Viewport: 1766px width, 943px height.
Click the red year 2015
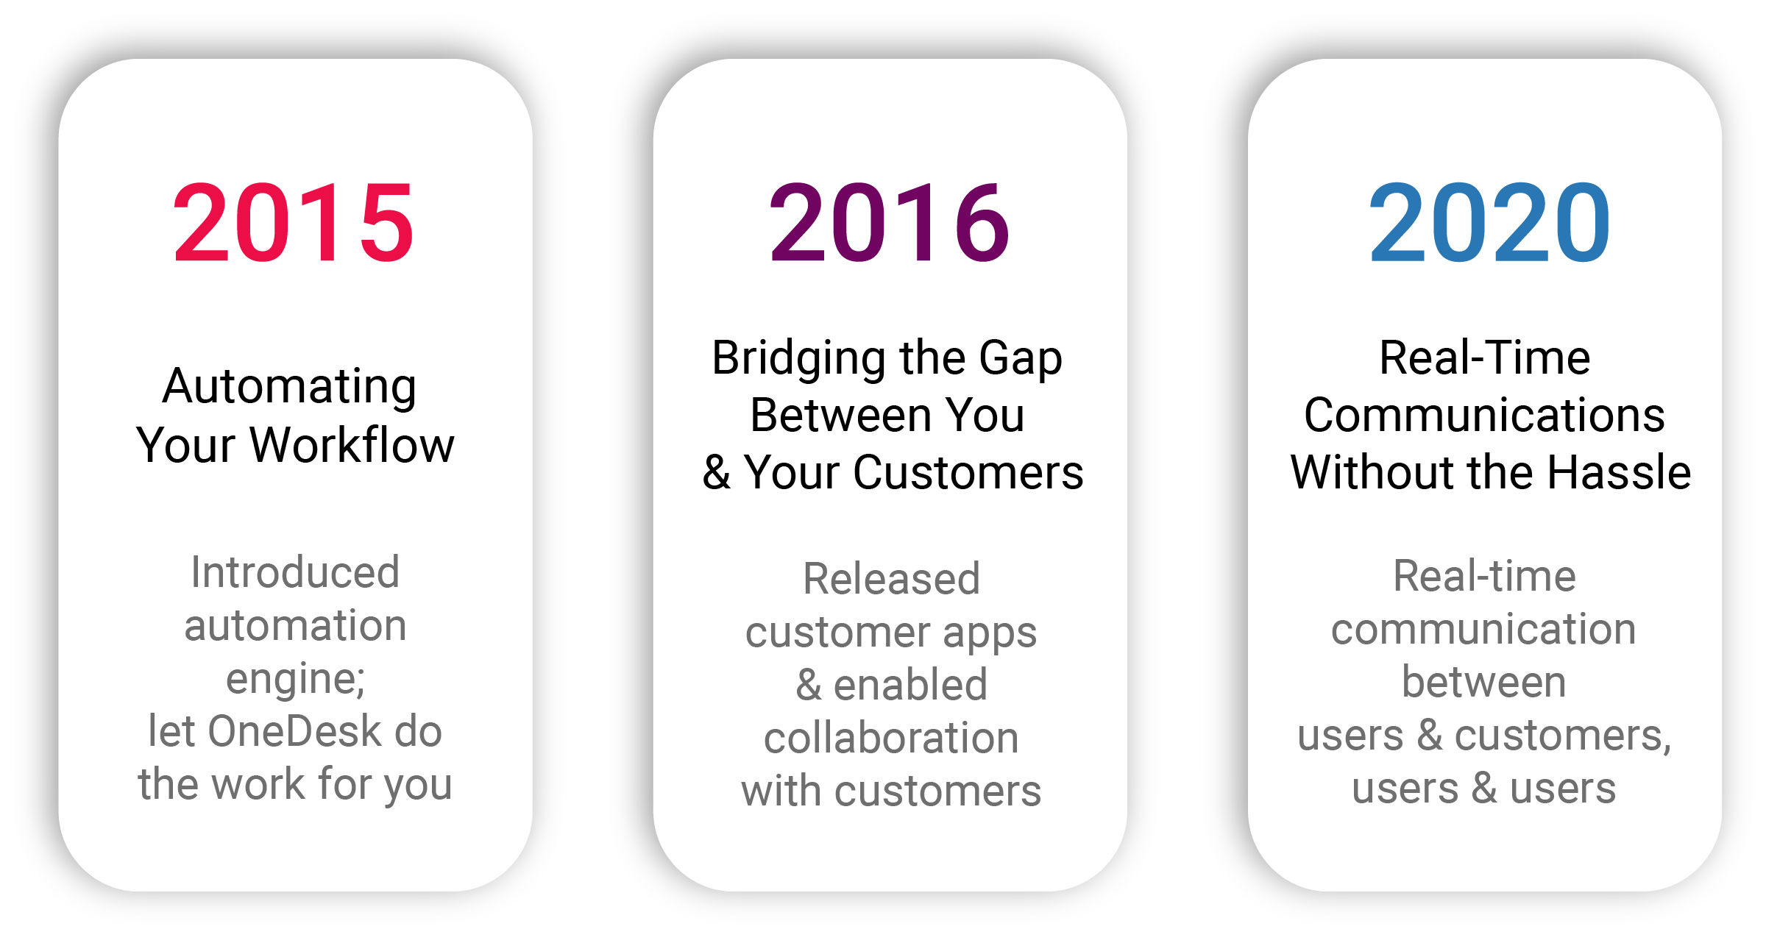(293, 223)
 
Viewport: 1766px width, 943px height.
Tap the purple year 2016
(889, 223)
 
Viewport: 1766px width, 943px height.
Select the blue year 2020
(1489, 223)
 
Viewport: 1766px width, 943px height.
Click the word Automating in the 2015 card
(290, 387)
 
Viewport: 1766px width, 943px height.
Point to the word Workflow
(352, 445)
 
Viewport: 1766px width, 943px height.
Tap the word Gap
(1021, 359)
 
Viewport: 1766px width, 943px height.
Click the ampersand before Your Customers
(716, 472)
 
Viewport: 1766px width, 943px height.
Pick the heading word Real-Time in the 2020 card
(1485, 358)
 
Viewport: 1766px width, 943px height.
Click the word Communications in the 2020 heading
(1484, 415)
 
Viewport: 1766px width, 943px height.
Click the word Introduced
(295, 572)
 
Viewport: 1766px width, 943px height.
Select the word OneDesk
(294, 731)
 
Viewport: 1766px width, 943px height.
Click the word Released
(891, 579)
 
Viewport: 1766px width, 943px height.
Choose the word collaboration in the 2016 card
(891, 738)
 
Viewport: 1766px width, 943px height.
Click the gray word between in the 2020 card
(1483, 682)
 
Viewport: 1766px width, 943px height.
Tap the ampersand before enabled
(808, 685)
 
